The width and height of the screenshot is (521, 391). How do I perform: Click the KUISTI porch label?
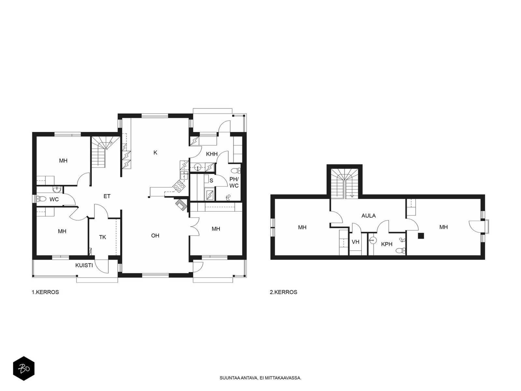click(84, 266)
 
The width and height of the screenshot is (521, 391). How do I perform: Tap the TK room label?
click(103, 237)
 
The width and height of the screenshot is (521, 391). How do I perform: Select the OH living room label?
click(155, 236)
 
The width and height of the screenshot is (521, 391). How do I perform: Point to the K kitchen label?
click(155, 152)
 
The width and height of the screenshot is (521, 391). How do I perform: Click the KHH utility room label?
click(212, 154)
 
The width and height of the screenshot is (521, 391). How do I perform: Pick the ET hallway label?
click(107, 196)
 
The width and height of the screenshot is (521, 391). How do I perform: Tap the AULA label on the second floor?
click(369, 216)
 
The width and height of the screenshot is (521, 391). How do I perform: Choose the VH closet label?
click(356, 242)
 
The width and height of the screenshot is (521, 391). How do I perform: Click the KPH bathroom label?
click(387, 244)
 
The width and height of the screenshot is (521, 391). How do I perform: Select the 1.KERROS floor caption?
click(45, 292)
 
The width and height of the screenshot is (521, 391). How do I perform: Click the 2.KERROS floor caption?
click(283, 292)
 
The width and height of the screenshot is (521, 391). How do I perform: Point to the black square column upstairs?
click(421, 236)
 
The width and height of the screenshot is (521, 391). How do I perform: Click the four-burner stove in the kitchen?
click(179, 186)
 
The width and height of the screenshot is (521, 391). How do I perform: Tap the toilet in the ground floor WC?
click(41, 198)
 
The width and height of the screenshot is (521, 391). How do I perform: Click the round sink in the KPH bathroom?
click(373, 240)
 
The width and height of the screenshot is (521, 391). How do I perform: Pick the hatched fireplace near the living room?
click(182, 205)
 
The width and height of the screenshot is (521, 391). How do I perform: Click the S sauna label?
click(211, 181)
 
